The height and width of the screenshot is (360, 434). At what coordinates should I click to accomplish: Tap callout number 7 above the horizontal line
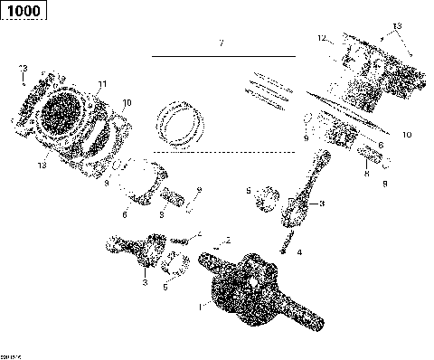[219, 43]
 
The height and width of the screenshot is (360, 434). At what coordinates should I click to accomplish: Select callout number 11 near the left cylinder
[102, 84]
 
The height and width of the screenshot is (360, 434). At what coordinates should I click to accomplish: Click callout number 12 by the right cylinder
[320, 39]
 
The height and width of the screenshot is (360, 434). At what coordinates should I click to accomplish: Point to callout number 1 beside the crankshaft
[201, 307]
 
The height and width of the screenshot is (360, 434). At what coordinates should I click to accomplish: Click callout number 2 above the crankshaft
[229, 239]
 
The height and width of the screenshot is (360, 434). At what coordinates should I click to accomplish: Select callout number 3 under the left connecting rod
[143, 283]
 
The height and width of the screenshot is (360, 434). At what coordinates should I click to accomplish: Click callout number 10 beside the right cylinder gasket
[407, 134]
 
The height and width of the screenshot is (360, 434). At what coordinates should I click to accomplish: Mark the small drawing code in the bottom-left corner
[12, 354]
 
